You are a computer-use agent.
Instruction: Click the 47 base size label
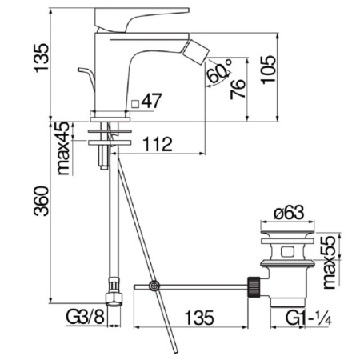[x=154, y=102]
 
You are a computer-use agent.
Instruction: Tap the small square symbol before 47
[x=136, y=102]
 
